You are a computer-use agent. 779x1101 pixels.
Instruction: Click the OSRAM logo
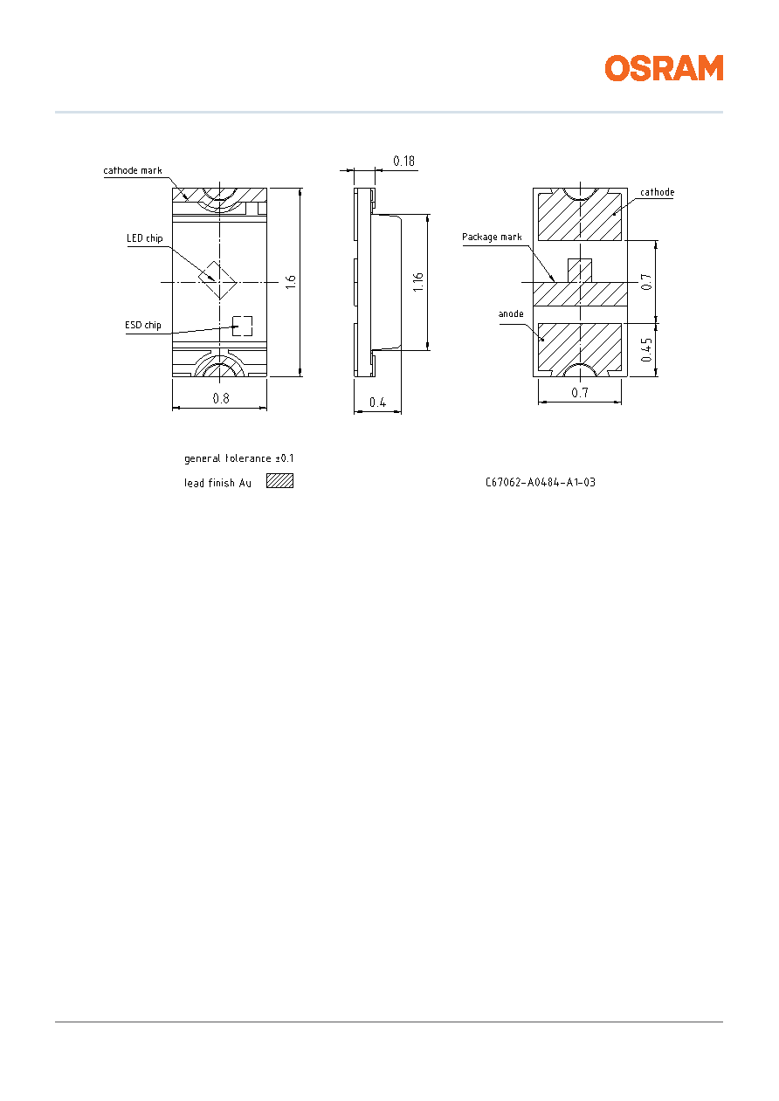pyautogui.click(x=664, y=68)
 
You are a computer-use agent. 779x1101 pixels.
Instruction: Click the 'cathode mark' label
pyautogui.click(x=132, y=170)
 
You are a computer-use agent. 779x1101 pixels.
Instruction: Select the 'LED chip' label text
pyautogui.click(x=144, y=238)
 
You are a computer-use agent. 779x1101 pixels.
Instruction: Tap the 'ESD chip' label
pyautogui.click(x=143, y=325)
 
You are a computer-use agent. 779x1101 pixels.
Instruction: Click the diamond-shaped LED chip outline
pyautogui.click(x=217, y=279)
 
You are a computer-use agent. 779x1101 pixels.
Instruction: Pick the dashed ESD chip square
pyautogui.click(x=242, y=326)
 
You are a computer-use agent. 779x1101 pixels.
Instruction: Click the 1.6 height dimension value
pyautogui.click(x=291, y=282)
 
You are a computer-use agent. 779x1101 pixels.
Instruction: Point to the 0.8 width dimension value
pyautogui.click(x=221, y=398)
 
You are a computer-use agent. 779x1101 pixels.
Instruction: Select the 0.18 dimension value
pyautogui.click(x=403, y=161)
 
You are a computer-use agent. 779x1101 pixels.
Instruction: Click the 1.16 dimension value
pyautogui.click(x=417, y=282)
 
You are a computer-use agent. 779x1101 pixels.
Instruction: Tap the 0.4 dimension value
pyautogui.click(x=377, y=403)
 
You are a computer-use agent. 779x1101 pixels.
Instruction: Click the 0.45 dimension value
pyautogui.click(x=647, y=350)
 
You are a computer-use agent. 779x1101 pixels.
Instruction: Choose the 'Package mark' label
pyautogui.click(x=492, y=237)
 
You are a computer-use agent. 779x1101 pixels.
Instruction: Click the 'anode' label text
pyautogui.click(x=511, y=313)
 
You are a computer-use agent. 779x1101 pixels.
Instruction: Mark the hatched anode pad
pyautogui.click(x=580, y=347)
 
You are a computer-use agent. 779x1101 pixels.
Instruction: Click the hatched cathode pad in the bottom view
pyautogui.click(x=580, y=217)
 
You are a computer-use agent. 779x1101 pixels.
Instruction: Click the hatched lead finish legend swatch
pyautogui.click(x=279, y=481)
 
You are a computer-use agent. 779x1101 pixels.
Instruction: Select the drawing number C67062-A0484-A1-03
pyautogui.click(x=540, y=482)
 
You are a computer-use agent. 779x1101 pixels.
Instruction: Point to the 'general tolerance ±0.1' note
pyautogui.click(x=239, y=458)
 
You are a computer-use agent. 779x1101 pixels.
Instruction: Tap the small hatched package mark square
pyautogui.click(x=580, y=271)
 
